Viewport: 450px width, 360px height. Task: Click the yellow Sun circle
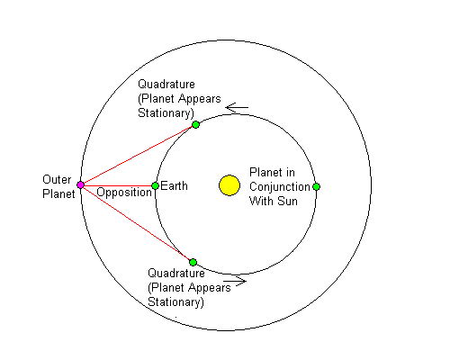[x=229, y=185]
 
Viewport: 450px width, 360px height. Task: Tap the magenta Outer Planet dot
[x=80, y=184]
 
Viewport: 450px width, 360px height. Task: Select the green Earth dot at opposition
[x=155, y=186]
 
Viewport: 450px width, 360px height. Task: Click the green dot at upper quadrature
[x=195, y=124]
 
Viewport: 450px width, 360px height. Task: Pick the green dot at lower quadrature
[x=193, y=262]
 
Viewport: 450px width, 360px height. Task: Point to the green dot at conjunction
[x=316, y=186]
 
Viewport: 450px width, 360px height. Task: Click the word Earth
[x=174, y=186]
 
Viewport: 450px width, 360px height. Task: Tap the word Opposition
[x=124, y=193]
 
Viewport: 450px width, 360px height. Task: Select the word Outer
[x=57, y=179]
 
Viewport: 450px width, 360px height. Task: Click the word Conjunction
[x=280, y=187]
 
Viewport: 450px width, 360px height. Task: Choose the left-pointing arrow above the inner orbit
[x=237, y=107]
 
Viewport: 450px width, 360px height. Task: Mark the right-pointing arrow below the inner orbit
[x=235, y=281]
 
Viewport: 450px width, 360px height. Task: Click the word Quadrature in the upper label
[x=166, y=85]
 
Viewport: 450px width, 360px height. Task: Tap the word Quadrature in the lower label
[x=176, y=274]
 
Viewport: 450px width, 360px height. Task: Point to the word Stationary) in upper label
[x=166, y=113]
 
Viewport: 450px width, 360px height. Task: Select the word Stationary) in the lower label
[x=175, y=302]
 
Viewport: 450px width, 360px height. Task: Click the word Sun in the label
[x=287, y=201]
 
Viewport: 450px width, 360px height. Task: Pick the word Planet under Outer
[x=58, y=193]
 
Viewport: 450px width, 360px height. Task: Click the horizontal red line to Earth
[x=118, y=185]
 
